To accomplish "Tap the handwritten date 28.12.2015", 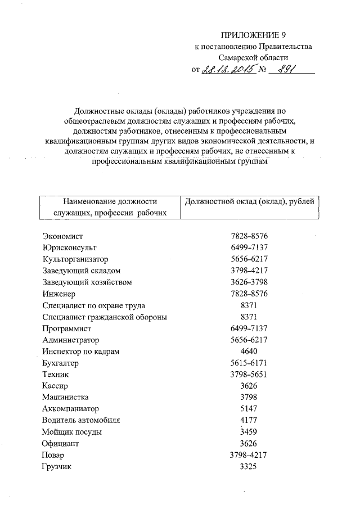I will coord(227,70).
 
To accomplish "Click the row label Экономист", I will coord(62,236).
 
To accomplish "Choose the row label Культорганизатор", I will coord(74,259).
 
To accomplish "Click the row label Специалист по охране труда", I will coord(93,305).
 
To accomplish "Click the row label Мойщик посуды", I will coord(72,432).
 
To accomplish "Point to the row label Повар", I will coord(53,455).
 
